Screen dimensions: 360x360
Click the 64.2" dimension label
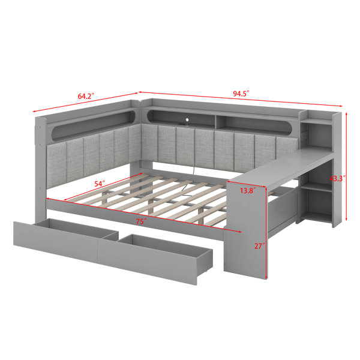[86, 96]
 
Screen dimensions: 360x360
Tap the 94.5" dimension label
[241, 94]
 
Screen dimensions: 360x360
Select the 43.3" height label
[337, 178]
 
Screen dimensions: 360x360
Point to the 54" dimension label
[100, 184]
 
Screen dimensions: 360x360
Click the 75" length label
[141, 221]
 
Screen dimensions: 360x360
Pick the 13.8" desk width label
[248, 190]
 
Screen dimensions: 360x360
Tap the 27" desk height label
[259, 246]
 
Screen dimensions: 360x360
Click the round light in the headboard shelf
[187, 119]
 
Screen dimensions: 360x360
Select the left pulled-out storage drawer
[66, 236]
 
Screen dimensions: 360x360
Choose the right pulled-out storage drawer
[155, 258]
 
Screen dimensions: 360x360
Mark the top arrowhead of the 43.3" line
[346, 113]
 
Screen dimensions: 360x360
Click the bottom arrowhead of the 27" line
[266, 277]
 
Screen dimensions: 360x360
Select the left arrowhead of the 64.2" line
[34, 112]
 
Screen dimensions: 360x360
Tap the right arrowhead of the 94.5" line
[340, 106]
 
